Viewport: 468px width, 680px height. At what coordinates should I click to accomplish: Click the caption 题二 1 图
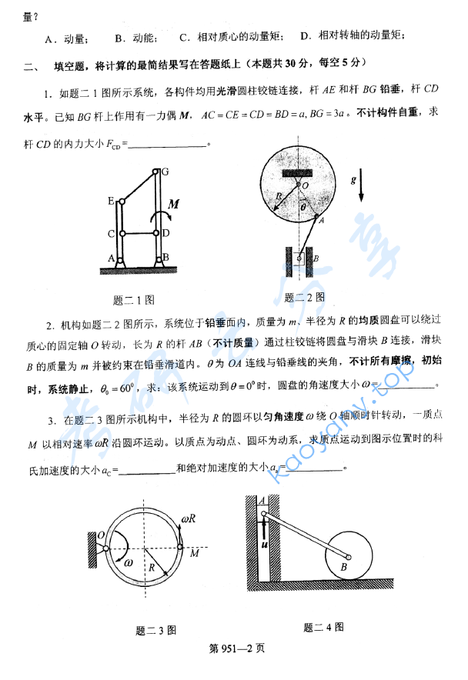(x=134, y=298)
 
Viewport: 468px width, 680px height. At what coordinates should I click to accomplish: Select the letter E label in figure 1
(x=111, y=201)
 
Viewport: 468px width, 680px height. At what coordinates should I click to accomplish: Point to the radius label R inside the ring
(x=153, y=568)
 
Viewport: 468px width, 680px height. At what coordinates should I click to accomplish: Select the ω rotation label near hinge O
(x=128, y=561)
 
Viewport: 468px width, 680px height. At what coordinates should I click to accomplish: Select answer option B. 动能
(x=135, y=36)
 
